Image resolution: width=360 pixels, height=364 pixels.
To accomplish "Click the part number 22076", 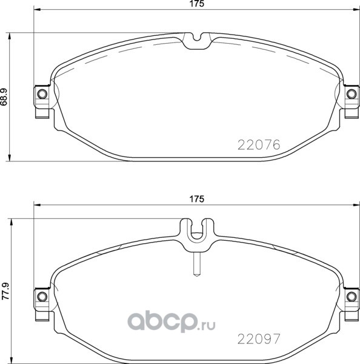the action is click(259, 145).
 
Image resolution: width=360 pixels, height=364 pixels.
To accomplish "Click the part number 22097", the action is click(259, 339).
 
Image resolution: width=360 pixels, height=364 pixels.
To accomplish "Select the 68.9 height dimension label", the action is click(4, 97).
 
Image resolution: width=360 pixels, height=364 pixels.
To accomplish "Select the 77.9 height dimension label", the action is click(5, 291).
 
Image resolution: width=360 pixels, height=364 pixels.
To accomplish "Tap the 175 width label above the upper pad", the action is click(197, 4).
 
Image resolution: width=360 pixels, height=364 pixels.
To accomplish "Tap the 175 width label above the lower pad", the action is click(197, 199).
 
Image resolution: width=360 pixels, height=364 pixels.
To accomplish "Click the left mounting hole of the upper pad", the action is click(42, 94).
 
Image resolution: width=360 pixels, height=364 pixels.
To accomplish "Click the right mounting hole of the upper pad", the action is click(351, 94).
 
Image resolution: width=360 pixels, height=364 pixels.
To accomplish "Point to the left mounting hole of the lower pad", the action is click(42, 297).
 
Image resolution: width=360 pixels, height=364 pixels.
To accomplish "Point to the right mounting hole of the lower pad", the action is click(351, 297).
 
